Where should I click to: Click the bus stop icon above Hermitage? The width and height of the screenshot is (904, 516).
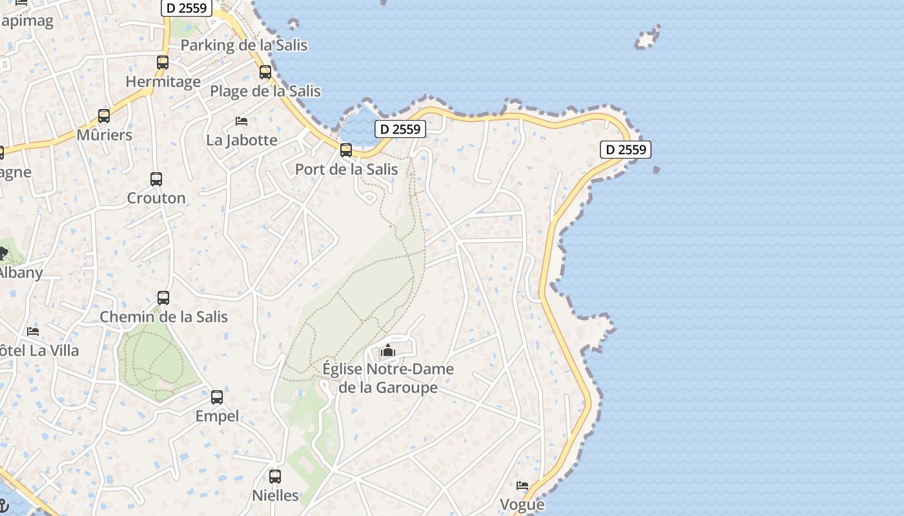[163, 63]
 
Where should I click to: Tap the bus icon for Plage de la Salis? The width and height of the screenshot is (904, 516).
[265, 72]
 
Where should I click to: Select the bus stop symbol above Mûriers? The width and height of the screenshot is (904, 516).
[104, 116]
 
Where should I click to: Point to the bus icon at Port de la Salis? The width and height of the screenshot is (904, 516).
[346, 150]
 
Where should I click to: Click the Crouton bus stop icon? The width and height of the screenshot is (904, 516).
[156, 179]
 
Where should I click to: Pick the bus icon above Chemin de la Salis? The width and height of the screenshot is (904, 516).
[163, 298]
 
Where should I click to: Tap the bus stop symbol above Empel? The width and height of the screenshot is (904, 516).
[217, 397]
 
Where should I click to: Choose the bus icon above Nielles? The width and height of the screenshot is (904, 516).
[275, 477]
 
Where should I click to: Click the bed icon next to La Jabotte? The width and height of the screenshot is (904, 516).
[241, 121]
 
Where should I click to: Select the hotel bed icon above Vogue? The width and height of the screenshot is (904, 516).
[522, 486]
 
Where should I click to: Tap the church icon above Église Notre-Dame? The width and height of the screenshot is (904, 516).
[387, 351]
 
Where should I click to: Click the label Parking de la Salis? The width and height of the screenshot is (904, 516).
[243, 45]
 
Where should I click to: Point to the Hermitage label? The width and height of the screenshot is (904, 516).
[163, 82]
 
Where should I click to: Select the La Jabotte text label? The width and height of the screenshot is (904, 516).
[241, 140]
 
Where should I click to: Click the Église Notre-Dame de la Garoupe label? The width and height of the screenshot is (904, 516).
[387, 378]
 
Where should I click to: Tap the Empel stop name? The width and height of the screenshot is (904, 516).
[217, 416]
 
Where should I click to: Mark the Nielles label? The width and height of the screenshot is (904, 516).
[275, 495]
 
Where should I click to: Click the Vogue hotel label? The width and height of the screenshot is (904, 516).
[522, 504]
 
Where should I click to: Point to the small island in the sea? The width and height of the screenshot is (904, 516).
[647, 39]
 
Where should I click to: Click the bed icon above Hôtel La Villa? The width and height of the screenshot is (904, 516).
[33, 332]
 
